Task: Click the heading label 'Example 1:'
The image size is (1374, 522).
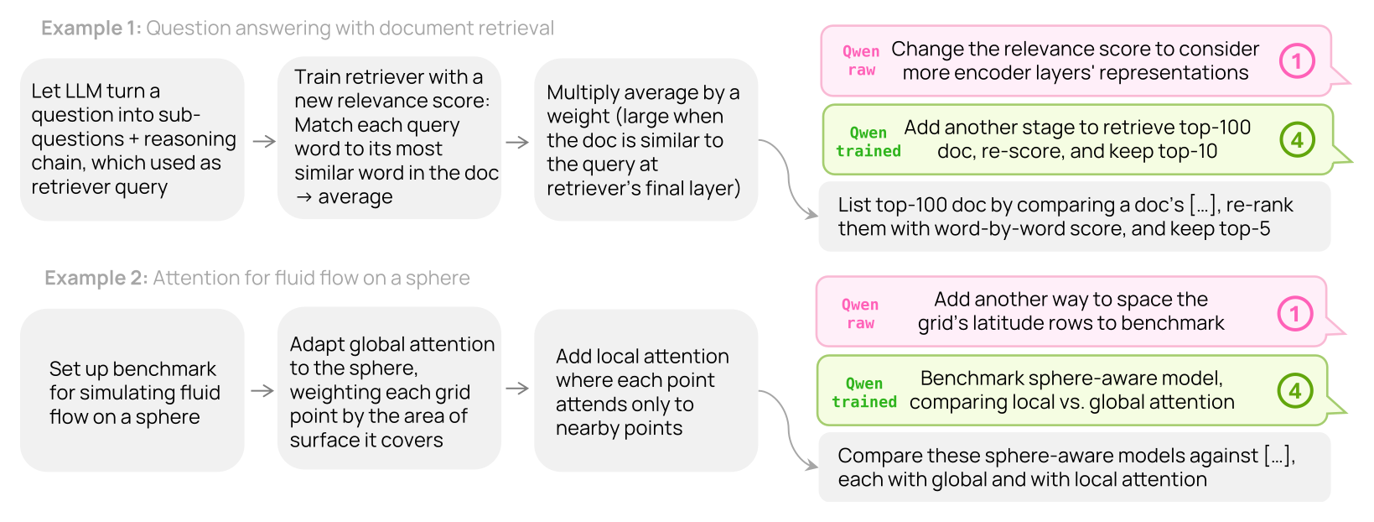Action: click(91, 29)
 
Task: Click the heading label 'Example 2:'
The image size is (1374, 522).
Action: click(96, 278)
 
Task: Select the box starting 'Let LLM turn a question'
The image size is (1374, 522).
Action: click(132, 139)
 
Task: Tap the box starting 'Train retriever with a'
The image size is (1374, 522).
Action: click(390, 138)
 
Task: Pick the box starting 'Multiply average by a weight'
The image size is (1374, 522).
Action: click(646, 139)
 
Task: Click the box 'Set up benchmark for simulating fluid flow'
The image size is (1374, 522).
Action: click(132, 390)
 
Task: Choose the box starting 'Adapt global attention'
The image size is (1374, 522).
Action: click(390, 389)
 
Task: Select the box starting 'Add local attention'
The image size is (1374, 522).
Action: click(646, 390)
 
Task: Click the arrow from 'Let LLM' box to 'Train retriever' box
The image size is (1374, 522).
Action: click(264, 141)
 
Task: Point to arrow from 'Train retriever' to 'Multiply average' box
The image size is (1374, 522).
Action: click(517, 143)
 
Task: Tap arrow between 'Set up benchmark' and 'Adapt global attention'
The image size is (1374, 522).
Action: click(262, 390)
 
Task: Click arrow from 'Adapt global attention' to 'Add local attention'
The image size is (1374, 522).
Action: click(517, 388)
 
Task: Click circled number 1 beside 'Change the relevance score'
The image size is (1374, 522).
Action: click(1297, 60)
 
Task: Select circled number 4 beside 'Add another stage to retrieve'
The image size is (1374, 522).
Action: click(1297, 140)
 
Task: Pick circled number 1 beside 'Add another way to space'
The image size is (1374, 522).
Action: click(1295, 314)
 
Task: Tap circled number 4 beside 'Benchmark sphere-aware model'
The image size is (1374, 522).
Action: click(1295, 390)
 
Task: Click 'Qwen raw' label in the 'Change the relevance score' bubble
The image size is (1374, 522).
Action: click(861, 60)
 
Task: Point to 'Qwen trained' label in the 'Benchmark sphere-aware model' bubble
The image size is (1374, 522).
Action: click(864, 393)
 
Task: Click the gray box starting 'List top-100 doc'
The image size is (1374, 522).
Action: click(1075, 217)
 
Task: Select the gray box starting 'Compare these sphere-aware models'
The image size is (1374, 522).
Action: click(1075, 467)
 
